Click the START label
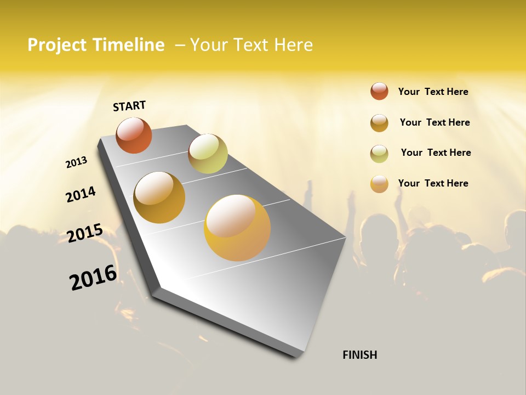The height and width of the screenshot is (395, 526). coord(129,105)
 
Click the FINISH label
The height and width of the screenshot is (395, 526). coord(359,355)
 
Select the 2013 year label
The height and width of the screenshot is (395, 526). coord(76,162)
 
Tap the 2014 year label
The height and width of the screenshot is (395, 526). coord(81,194)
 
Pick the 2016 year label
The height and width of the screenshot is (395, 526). coord(93,278)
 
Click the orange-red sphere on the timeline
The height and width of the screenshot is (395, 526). coord(134,135)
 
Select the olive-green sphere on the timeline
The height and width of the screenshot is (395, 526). coord(208,154)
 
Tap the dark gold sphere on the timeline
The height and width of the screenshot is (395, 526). coord(159,198)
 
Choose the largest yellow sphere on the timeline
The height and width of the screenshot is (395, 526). coord(237,227)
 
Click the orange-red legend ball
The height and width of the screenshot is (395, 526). coord(379,91)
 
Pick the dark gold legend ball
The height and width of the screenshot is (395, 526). coord(379,123)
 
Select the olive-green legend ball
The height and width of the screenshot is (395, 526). coord(379,154)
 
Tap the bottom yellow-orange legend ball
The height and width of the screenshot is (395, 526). coord(379,184)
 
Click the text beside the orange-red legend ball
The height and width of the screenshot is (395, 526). coord(433,92)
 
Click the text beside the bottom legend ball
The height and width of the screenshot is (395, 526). coord(433,183)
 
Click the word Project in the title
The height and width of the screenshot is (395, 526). coord(56,45)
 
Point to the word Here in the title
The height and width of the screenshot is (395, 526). coord(293,45)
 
